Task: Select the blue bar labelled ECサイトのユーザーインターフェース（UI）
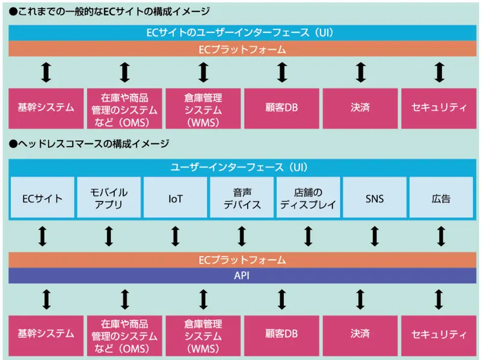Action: tap(240, 32)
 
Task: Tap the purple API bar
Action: tap(240, 275)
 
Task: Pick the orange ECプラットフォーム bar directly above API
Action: tap(240, 260)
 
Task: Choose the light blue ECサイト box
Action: tap(42, 198)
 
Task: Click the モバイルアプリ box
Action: tap(109, 198)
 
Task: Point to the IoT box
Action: tap(176, 198)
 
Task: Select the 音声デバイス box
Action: tap(242, 198)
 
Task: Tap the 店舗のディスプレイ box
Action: tap(308, 198)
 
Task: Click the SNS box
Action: tap(375, 198)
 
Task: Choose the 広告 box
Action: tap(441, 198)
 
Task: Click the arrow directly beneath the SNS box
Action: tap(375, 236)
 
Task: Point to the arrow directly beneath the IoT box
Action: tap(176, 236)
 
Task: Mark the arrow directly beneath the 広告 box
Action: tap(441, 236)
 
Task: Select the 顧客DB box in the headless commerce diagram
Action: tap(282, 334)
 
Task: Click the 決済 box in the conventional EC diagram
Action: tap(360, 108)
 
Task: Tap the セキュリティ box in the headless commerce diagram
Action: tap(439, 334)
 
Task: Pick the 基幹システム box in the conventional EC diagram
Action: tap(46, 108)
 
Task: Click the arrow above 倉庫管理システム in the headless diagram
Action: tap(203, 299)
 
